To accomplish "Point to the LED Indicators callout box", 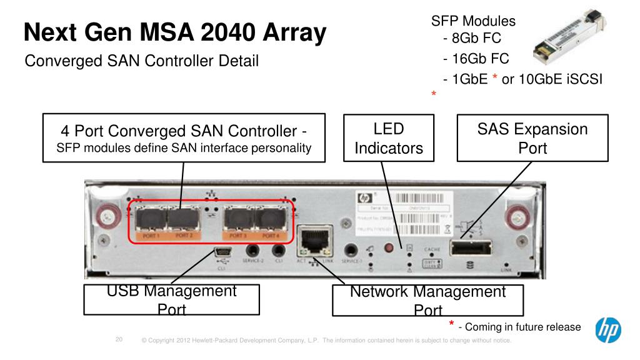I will [384, 138].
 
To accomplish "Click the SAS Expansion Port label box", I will [532, 138].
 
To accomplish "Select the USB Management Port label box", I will [172, 300].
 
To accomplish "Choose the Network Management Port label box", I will [427, 301].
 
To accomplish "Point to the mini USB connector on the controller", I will [222, 253].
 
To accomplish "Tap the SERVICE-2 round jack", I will [254, 252].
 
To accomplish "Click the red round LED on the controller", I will [391, 249].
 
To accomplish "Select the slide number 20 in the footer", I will [120, 340].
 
